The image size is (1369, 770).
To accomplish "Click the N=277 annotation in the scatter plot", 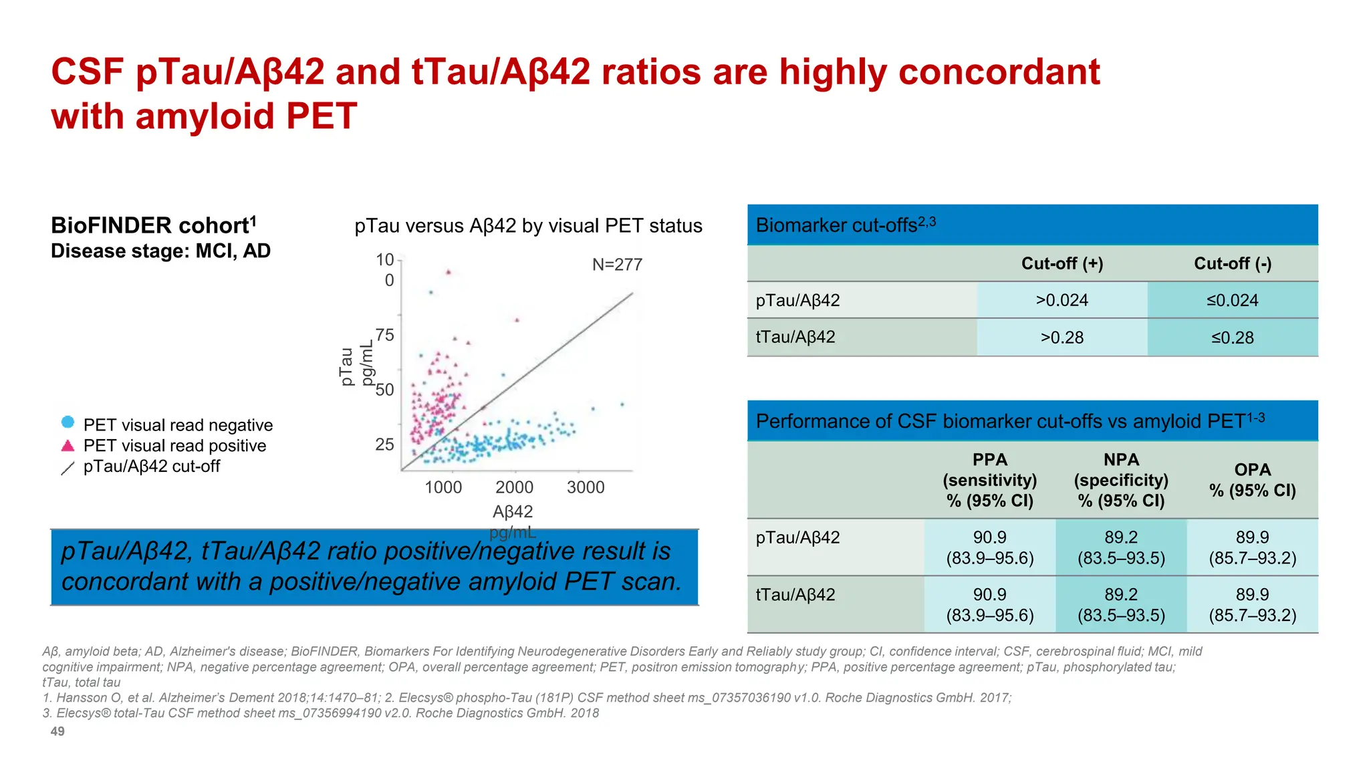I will [617, 265].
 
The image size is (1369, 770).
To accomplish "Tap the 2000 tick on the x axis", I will [514, 487].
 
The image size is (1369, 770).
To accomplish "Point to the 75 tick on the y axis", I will [385, 335].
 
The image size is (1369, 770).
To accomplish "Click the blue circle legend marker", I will [68, 422].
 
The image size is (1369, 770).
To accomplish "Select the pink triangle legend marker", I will [68, 446].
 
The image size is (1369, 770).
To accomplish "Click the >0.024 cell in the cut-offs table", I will [1062, 300].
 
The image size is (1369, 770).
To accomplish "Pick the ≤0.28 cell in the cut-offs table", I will [1232, 338].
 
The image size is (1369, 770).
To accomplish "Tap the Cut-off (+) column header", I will [1062, 263].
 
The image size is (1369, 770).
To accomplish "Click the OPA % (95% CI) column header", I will [1252, 480].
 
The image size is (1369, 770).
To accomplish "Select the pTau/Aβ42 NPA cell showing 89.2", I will [1121, 547].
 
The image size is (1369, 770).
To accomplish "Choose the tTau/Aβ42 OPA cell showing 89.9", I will [1252, 604].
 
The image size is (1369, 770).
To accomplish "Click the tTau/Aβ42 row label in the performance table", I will [795, 594].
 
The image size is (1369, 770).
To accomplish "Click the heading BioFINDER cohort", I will [153, 225].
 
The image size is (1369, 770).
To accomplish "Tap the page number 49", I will [57, 731].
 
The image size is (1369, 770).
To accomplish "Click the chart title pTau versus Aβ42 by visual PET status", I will [528, 226].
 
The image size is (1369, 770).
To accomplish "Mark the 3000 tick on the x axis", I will [586, 487].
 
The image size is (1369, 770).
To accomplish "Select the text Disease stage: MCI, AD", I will [160, 251].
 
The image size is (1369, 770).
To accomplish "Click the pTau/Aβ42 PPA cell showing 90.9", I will [989, 547].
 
